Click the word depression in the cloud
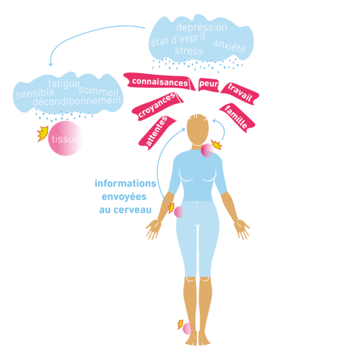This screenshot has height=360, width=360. tap(202, 28)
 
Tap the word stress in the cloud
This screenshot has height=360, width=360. tap(189, 51)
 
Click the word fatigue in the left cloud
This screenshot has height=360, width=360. tap(64, 84)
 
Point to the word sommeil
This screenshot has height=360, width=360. tap(98, 90)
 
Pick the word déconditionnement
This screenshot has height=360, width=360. tap(77, 101)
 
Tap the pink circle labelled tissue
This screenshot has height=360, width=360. tap(66, 139)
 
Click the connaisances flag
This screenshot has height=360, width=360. tap(160, 82)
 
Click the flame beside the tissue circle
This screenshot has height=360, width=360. tap(43, 133)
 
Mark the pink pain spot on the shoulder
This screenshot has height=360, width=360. tap(208, 150)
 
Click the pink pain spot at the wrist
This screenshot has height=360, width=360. tap(179, 212)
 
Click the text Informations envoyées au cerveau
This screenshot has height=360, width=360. tap(125, 197)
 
